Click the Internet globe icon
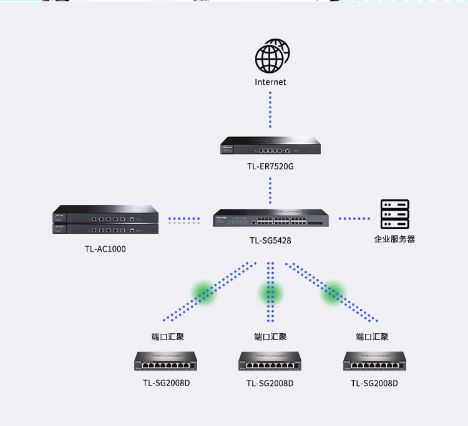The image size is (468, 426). pos(272,56)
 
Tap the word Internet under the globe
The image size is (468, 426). pos(270,82)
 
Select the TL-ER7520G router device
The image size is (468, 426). pos(270,145)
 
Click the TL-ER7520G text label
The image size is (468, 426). pos(270,166)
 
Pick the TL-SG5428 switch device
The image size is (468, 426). pos(271,218)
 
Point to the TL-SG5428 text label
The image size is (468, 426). pos(270,240)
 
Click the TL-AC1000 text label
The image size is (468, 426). pos(105,249)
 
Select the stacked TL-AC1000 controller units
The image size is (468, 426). pos(105,220)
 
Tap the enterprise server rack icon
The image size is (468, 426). pos(394,214)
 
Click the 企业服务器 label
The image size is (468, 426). pos(394,239)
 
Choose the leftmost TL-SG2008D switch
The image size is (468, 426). pos(165,361)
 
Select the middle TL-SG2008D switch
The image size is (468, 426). pos(270,361)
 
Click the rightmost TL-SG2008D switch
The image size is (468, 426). pos(374,361)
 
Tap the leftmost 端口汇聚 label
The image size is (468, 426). pos(168,337)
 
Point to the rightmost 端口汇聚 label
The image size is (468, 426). pos(372,337)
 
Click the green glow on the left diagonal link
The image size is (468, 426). pos(204,293)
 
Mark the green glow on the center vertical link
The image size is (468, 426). pos(270,293)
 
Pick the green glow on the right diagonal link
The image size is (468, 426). pos(333,293)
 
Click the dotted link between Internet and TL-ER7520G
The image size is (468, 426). pos(270,110)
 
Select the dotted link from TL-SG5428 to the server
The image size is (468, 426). pos(354,219)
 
